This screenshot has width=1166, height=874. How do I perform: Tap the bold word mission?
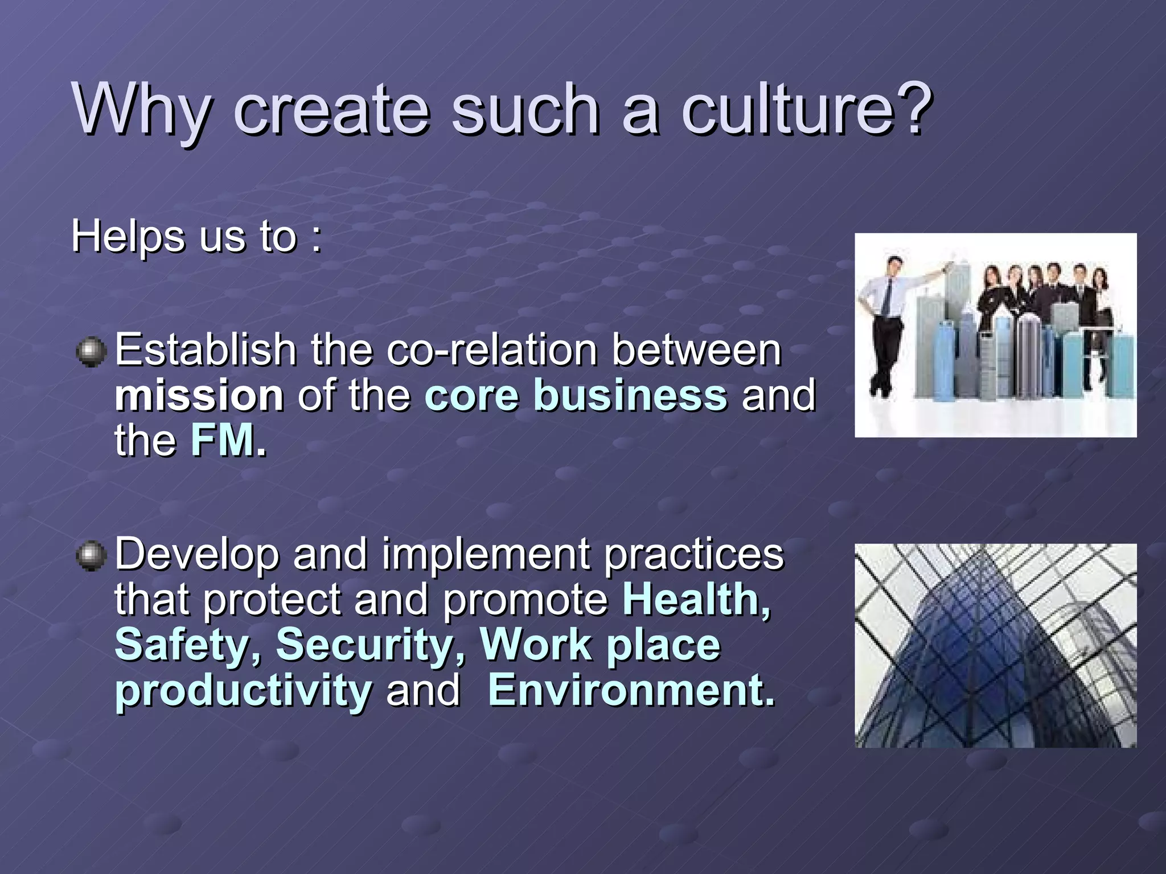pyautogui.click(x=199, y=395)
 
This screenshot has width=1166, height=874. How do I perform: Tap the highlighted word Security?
pyautogui.click(x=371, y=645)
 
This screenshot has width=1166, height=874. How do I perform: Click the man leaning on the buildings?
pyautogui.click(x=886, y=324)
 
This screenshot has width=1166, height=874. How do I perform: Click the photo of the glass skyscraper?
pyautogui.click(x=995, y=645)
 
